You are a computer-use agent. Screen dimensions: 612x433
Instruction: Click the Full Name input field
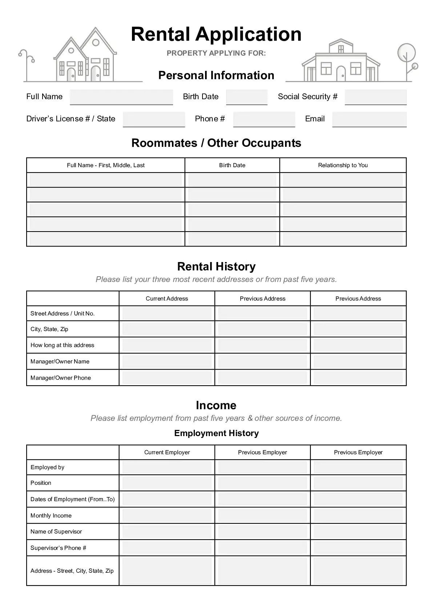click(121, 97)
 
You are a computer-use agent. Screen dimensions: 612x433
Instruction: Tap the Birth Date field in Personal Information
click(246, 97)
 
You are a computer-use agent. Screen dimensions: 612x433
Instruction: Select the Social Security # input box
click(375, 97)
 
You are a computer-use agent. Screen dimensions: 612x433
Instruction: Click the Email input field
click(369, 119)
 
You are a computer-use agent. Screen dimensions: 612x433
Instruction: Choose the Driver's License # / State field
click(154, 119)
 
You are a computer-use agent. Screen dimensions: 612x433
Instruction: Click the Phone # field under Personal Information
click(264, 119)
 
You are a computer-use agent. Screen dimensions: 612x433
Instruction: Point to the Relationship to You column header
click(343, 165)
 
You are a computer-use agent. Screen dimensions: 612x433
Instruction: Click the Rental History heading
click(216, 266)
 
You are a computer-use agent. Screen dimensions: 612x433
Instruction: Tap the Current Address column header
click(167, 299)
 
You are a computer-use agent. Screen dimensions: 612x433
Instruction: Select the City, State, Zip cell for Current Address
click(167, 329)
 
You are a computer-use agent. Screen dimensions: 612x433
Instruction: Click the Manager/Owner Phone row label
click(61, 378)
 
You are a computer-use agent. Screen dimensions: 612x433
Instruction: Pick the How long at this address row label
click(62, 345)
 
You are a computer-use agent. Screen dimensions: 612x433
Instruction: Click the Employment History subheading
click(216, 433)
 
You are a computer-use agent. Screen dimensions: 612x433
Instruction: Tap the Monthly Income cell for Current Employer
click(167, 516)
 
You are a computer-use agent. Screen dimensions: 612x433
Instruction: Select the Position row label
click(41, 483)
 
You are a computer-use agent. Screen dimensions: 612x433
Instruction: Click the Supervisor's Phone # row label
click(58, 548)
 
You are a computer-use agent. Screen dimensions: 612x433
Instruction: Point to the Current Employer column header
click(167, 452)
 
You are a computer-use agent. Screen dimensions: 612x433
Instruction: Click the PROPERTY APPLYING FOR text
click(216, 53)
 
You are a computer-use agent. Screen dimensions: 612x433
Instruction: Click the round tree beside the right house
click(406, 52)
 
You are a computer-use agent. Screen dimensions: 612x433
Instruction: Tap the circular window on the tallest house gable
click(96, 43)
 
